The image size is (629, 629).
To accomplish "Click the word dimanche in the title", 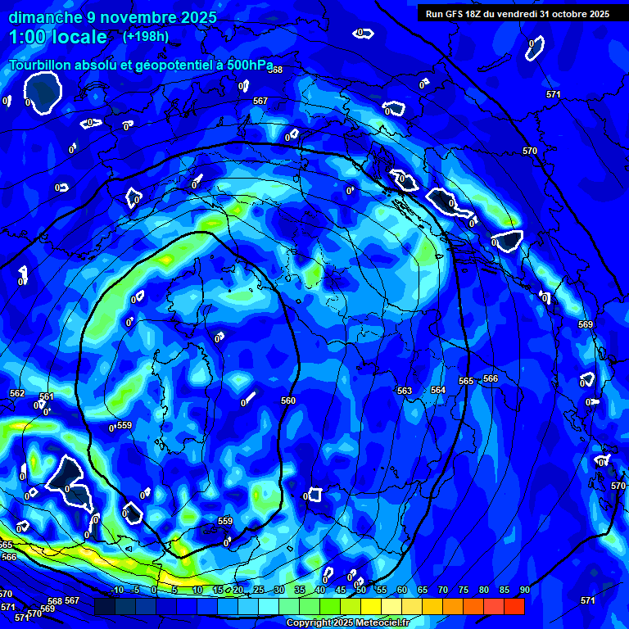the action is point(45,17).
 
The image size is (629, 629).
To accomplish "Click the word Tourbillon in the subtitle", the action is point(45,65).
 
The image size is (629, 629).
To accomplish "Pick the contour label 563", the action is point(404,391).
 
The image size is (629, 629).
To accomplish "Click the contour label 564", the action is point(438,390).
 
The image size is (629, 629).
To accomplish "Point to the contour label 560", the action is point(287,400).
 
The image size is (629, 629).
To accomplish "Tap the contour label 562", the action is point(17,393).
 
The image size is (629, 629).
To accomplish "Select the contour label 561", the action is point(47,396).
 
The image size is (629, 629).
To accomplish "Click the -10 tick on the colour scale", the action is point(117,591).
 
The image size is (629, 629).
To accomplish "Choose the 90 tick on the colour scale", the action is point(524,591).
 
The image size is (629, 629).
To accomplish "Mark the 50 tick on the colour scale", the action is point(360,591).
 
